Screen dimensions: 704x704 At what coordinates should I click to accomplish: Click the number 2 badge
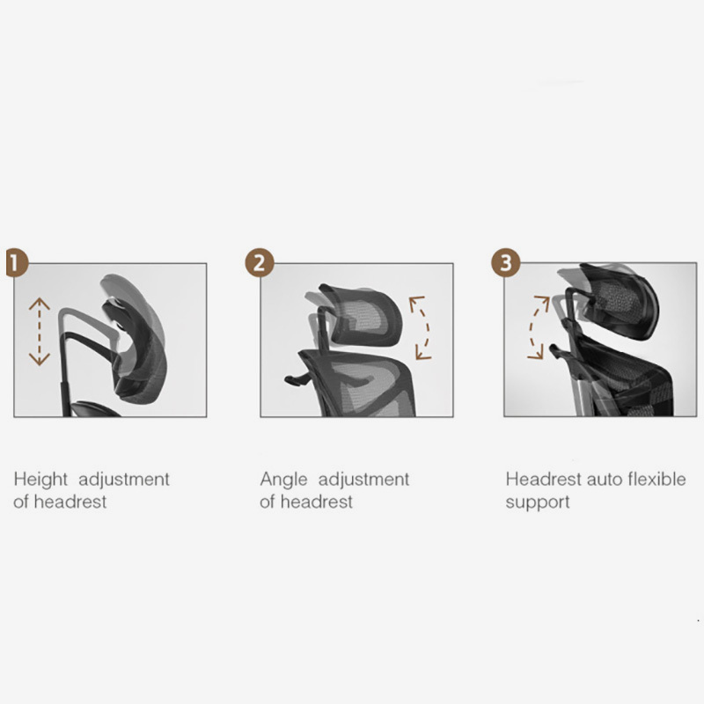259,263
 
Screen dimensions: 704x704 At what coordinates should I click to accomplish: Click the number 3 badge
504,263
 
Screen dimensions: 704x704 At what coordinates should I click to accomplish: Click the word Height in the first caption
40,480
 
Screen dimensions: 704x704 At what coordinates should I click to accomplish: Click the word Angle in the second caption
283,480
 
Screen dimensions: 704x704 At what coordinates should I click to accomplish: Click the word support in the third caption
537,502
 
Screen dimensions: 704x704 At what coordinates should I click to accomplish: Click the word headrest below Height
69,502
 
